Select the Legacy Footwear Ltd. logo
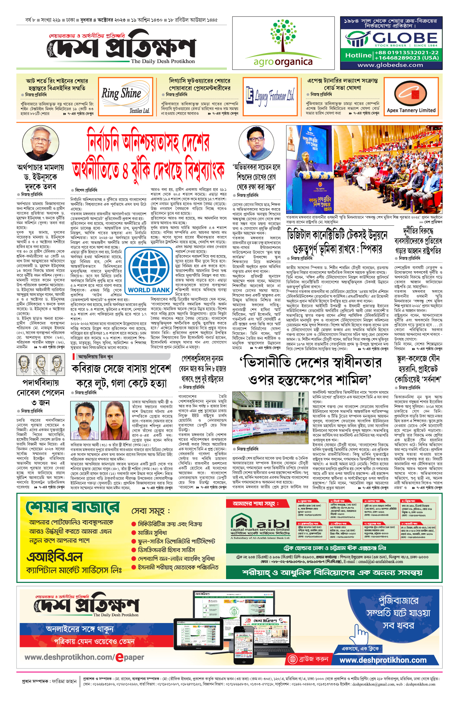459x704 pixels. pos(270,96)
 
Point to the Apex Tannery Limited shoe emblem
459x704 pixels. pos(411,94)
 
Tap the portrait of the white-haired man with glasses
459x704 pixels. pos(38,144)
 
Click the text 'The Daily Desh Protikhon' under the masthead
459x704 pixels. pos(163,61)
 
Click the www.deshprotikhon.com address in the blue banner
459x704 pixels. pos(382,660)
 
